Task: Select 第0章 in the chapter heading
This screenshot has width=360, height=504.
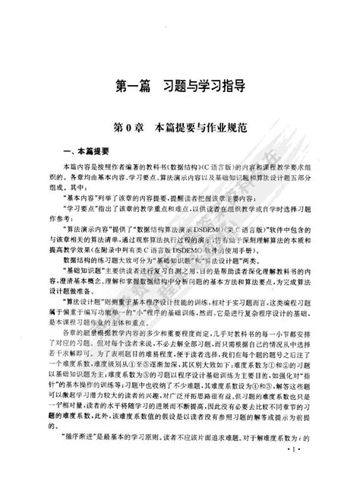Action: point(129,123)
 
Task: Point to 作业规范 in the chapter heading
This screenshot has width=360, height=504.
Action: point(225,123)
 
